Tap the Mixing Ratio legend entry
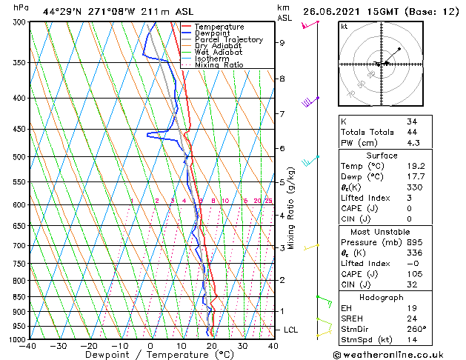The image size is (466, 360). pyautogui.click(x=219, y=65)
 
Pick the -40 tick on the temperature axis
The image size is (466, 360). pyautogui.click(x=28, y=346)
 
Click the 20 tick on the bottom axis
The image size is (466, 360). pyautogui.click(x=212, y=346)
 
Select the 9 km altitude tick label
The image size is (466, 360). pyautogui.click(x=282, y=43)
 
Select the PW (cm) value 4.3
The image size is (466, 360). pyautogui.click(x=413, y=143)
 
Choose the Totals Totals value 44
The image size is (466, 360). pyautogui.click(x=412, y=132)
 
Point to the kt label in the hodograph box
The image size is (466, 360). pyautogui.click(x=344, y=27)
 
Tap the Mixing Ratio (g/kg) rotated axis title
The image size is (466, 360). pyautogui.click(x=291, y=208)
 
